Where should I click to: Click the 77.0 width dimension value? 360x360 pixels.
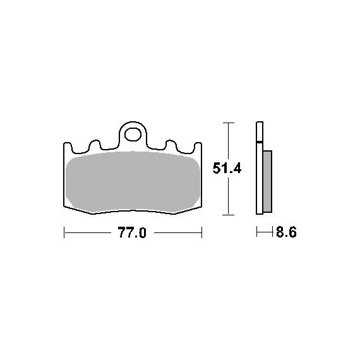[132, 232]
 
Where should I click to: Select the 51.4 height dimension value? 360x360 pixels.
[227, 168]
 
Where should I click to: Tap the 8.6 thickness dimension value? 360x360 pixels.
[286, 232]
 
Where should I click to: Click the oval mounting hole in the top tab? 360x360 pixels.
[133, 135]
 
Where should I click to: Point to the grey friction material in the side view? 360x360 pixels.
[268, 181]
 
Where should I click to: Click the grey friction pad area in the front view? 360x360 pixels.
[133, 181]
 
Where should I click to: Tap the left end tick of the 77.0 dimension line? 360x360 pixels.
[64, 232]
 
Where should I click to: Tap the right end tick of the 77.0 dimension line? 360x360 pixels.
[201, 232]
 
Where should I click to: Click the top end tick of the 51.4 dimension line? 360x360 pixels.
[229, 123]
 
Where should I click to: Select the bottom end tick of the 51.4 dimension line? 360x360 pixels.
[229, 215]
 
